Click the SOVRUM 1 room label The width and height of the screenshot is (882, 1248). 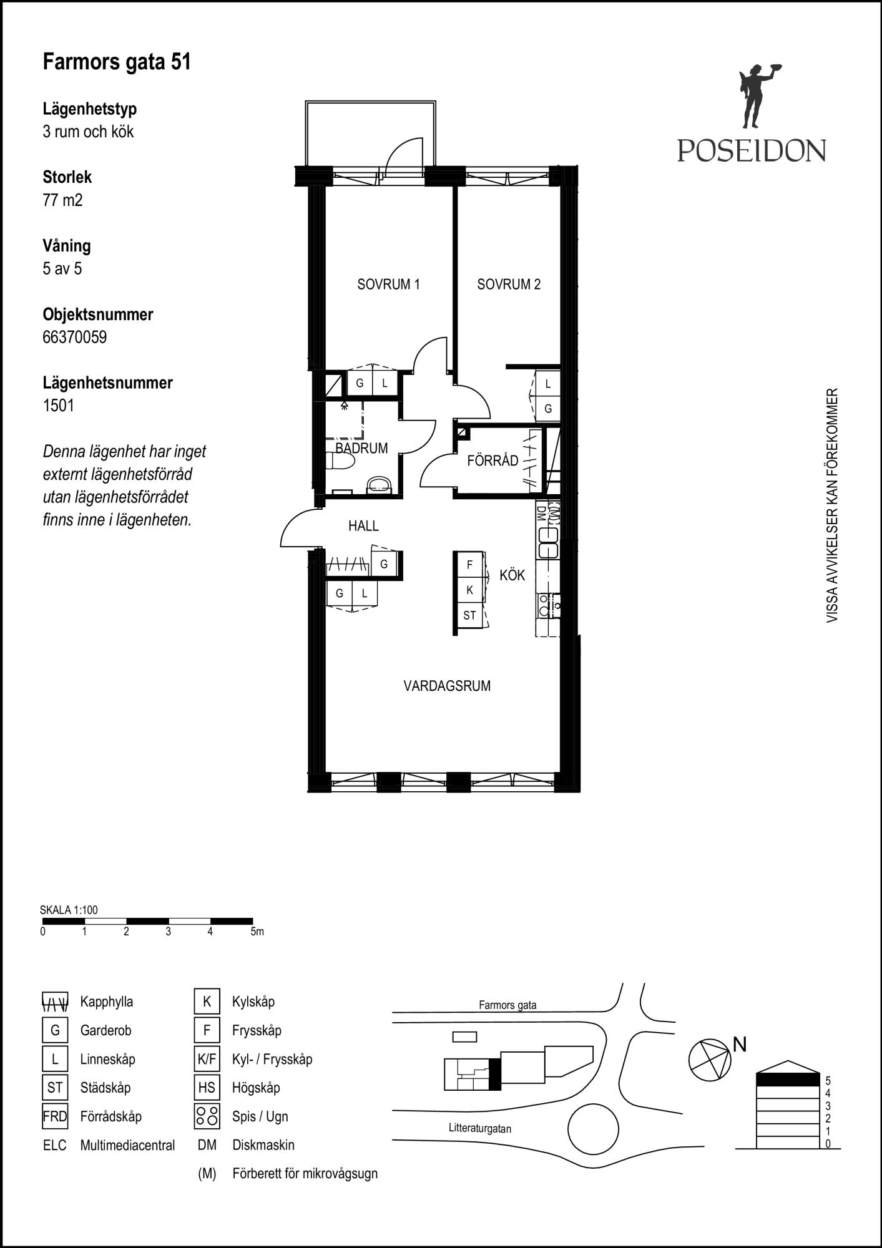click(x=388, y=285)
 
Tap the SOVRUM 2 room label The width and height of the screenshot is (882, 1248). click(x=509, y=285)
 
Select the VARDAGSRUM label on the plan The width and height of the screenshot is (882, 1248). click(x=447, y=686)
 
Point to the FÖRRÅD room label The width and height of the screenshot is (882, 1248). click(x=492, y=461)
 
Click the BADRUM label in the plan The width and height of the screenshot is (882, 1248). click(x=361, y=448)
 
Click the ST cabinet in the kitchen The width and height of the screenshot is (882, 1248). click(x=469, y=615)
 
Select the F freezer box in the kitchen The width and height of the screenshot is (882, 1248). click(x=469, y=565)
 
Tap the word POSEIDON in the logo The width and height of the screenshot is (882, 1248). click(x=752, y=150)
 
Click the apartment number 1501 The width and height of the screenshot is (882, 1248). click(x=59, y=406)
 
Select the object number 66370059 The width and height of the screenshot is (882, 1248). click(x=75, y=338)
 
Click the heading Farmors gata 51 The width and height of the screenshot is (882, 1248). click(x=117, y=62)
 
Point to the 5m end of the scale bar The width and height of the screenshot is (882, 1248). click(x=252, y=921)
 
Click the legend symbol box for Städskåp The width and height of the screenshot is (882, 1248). click(x=55, y=1088)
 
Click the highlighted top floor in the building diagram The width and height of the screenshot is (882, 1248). click(x=788, y=1079)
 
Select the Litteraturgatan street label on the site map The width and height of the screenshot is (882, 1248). click(x=480, y=1128)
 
